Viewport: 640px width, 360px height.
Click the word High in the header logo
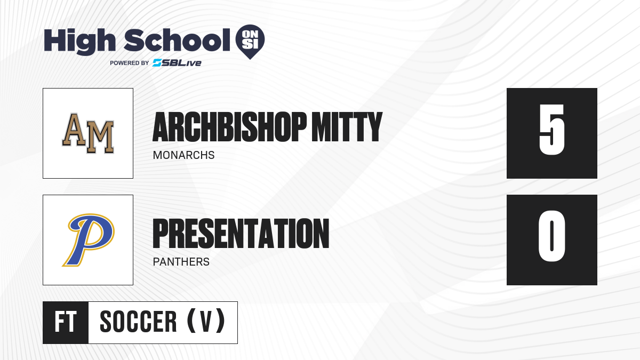(79, 41)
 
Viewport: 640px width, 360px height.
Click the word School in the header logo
(177, 40)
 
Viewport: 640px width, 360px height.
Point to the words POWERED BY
(130, 63)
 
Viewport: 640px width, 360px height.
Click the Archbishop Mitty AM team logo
(88, 133)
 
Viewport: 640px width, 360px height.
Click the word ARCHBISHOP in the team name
(229, 127)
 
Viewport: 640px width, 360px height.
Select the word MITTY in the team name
(347, 127)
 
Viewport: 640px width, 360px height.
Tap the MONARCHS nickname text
(183, 155)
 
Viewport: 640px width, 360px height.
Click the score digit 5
(551, 130)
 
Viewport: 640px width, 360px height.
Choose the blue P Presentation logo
(89, 239)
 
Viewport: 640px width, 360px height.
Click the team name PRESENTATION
(241, 234)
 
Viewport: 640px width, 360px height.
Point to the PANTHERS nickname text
(181, 262)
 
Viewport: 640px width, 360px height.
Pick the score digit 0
(551, 236)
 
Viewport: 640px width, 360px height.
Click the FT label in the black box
(66, 322)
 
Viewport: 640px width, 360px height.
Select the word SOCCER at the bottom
(138, 322)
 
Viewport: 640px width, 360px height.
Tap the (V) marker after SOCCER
(206, 322)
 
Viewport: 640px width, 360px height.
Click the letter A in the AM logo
(74, 130)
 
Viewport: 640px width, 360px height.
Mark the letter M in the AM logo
(100, 138)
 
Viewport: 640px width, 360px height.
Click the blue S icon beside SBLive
(157, 63)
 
